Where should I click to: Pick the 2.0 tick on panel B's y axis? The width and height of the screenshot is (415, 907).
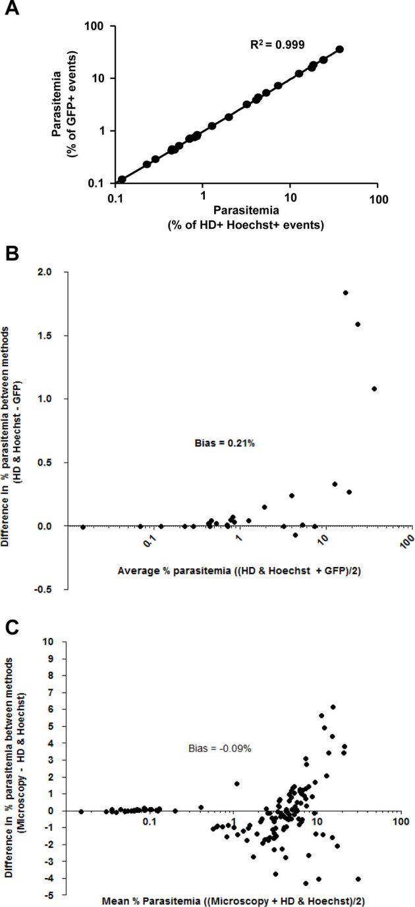pos(56,272)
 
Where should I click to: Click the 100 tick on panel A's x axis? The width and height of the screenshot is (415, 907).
pos(377,197)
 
